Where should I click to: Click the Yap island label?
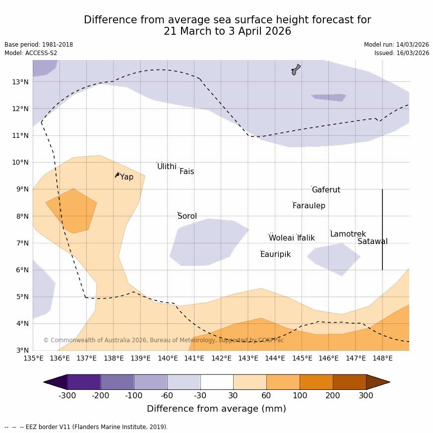[126, 177]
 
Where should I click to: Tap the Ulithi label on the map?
[167, 167]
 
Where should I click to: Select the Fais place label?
[186, 172]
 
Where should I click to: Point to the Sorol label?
[187, 216]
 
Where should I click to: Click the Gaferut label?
[326, 190]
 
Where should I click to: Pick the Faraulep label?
[309, 206]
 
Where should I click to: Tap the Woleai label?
[281, 238]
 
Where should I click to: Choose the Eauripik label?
[275, 254]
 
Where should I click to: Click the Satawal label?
[372, 242]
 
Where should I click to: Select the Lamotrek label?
[348, 234]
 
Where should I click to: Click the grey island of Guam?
[296, 69]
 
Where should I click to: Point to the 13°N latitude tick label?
[20, 82]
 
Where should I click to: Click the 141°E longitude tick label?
[194, 358]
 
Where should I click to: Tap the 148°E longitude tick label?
[382, 358]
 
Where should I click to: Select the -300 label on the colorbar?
[67, 395]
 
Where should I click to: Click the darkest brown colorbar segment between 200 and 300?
[349, 382]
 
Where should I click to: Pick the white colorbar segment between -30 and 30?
[217, 382]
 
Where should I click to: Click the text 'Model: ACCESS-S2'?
[31, 53]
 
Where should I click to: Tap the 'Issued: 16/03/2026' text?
[402, 53]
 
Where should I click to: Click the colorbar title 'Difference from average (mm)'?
[216, 409]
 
